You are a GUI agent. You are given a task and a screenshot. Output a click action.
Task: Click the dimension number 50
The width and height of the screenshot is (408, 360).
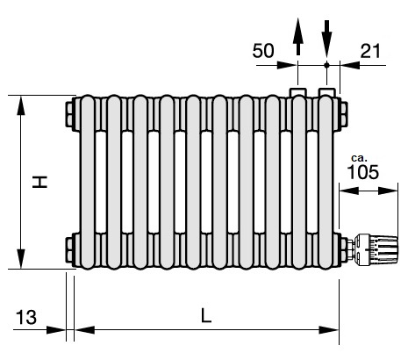click(263, 51)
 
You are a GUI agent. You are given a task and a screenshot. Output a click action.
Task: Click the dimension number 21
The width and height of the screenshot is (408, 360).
click(370, 51)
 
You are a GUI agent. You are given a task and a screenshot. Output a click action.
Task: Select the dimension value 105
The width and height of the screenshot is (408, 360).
click(363, 172)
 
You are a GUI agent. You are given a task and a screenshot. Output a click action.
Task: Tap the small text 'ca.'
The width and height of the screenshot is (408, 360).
click(359, 158)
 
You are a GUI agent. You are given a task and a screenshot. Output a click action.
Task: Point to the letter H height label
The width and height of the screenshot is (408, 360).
click(39, 182)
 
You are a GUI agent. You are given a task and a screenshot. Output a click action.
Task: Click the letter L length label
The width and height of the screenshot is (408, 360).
click(206, 315)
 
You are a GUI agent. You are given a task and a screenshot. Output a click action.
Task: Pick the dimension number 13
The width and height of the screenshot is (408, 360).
click(26, 317)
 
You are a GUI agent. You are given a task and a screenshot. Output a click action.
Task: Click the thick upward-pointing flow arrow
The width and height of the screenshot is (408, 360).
click(298, 36)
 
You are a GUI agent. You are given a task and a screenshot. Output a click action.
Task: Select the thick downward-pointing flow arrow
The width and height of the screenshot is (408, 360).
click(327, 39)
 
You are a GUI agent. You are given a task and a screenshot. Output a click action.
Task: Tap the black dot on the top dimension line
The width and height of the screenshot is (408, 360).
click(327, 65)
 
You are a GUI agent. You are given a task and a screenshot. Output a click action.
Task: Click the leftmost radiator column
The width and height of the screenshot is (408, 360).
click(88, 182)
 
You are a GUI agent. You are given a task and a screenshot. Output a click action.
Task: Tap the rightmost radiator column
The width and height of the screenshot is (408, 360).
click(326, 182)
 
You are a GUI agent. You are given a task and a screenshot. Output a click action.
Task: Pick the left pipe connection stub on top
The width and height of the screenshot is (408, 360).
click(298, 91)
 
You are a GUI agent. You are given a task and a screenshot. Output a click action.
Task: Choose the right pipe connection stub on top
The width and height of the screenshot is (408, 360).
click(327, 91)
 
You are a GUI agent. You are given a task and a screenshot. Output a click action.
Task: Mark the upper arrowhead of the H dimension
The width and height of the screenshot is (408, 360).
click(21, 106)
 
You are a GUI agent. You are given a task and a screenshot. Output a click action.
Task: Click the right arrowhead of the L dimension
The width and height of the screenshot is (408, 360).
click(329, 330)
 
